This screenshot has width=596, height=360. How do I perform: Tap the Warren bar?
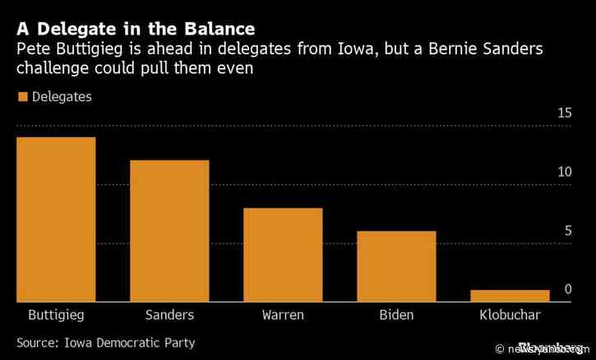(283, 255)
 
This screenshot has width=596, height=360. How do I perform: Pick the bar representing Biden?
(396, 266)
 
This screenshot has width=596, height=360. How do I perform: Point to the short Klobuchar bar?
(510, 296)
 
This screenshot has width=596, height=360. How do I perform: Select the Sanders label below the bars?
(169, 316)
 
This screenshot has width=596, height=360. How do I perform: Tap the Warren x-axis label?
(283, 316)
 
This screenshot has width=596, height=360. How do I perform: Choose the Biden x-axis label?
(396, 316)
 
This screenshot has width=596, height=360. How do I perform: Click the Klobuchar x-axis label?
(510, 316)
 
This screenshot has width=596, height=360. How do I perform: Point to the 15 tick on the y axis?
(564, 113)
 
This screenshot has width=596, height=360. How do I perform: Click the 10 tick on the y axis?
(564, 173)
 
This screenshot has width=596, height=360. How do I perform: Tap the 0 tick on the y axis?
(567, 290)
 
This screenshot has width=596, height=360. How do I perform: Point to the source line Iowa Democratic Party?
(105, 342)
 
